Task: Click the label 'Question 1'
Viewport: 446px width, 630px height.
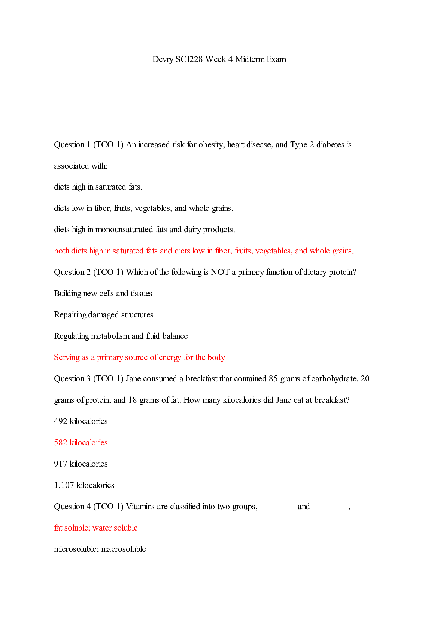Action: (x=69, y=145)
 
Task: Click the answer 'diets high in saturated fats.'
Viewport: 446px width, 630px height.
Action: (x=98, y=187)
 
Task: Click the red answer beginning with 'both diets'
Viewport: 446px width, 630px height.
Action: (x=204, y=251)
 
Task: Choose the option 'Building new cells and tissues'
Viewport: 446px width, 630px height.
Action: (x=103, y=294)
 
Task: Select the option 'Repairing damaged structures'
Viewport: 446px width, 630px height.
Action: (x=104, y=315)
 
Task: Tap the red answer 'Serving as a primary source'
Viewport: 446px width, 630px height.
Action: (x=139, y=357)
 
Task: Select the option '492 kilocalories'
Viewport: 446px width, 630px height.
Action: (x=81, y=421)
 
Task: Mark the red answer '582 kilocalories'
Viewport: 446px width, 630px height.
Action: (x=81, y=443)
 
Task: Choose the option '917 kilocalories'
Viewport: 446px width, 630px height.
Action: (x=81, y=464)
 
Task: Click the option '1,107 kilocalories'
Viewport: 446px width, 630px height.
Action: (x=84, y=485)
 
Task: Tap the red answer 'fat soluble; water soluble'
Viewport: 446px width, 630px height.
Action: (x=96, y=528)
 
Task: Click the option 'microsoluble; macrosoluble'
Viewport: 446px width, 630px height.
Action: (x=100, y=549)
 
